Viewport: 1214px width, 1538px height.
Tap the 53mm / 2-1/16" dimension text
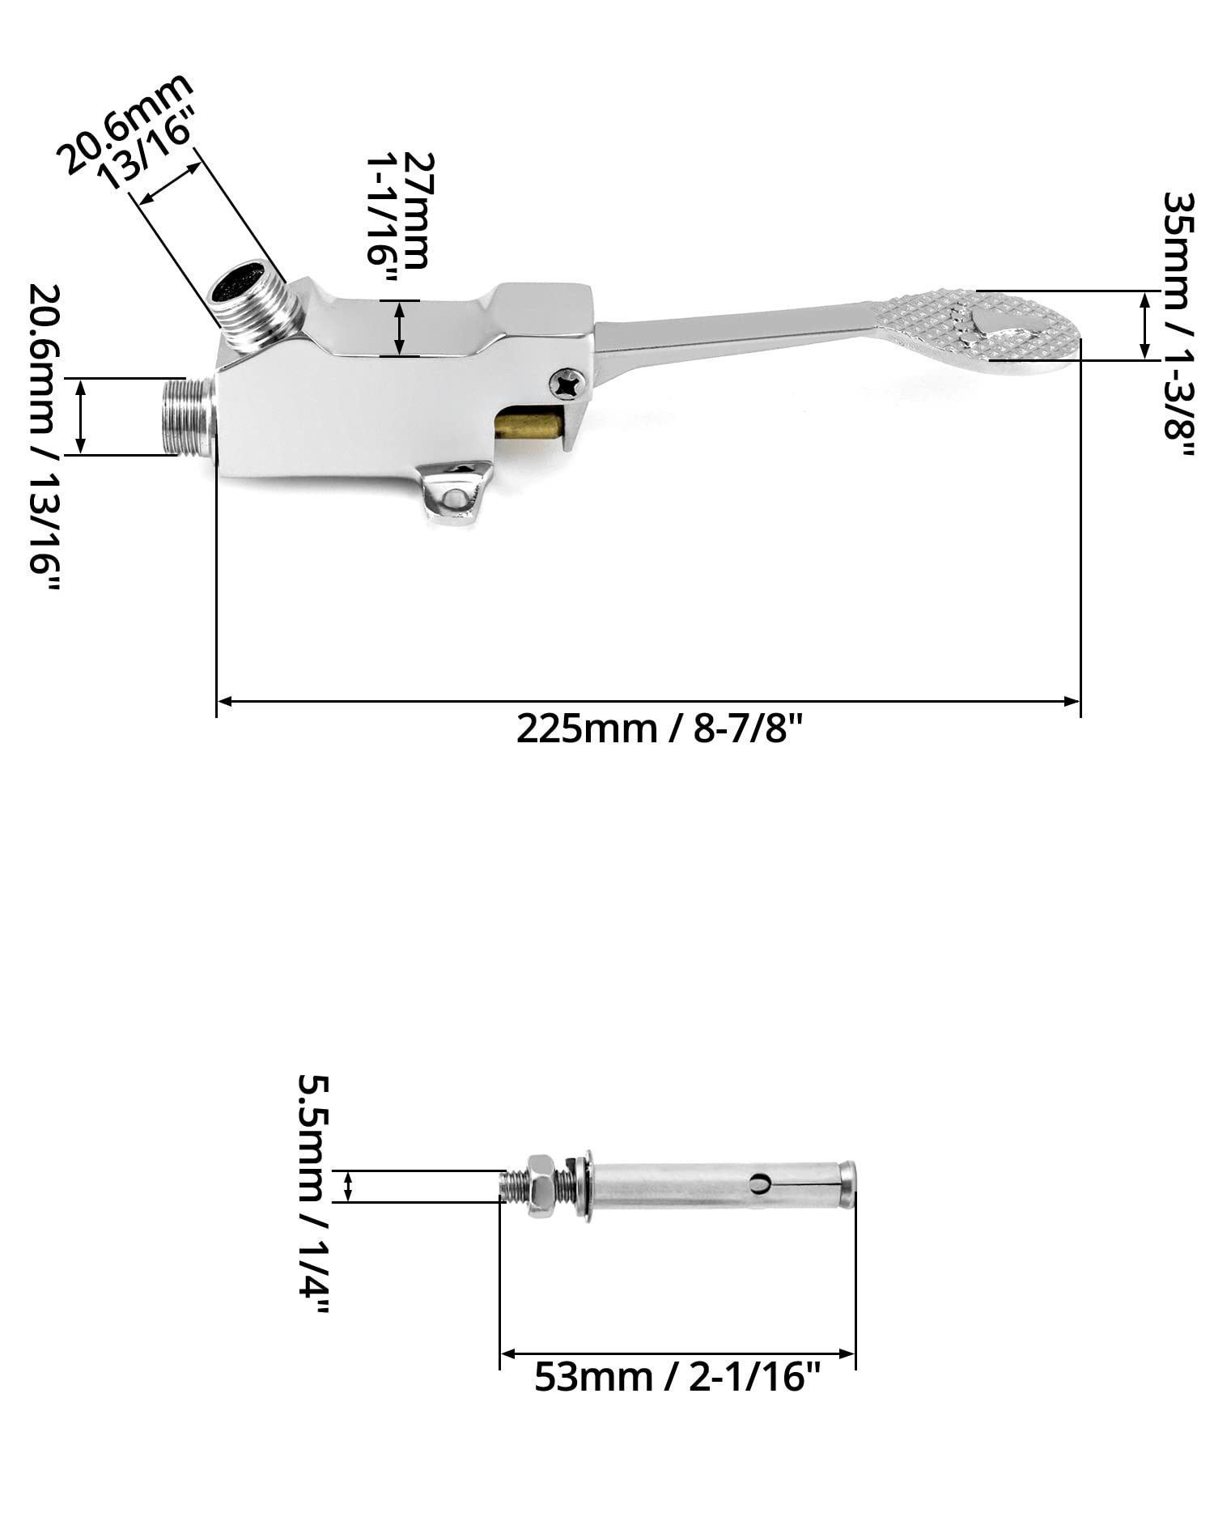pyautogui.click(x=677, y=1376)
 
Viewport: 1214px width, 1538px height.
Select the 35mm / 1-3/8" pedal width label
pyautogui.click(x=1178, y=327)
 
